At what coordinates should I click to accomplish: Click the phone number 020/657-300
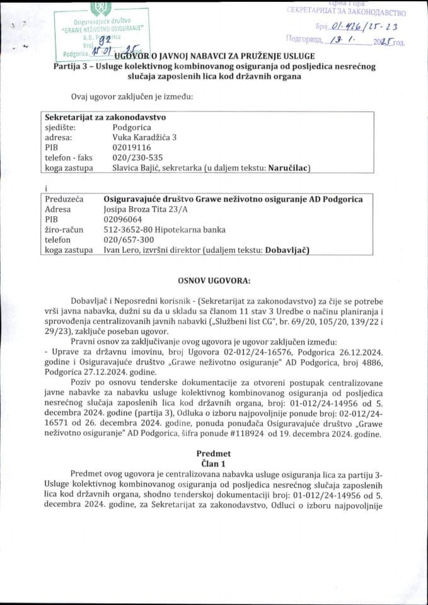coord(129,239)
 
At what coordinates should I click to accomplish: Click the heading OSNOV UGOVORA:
coord(214,280)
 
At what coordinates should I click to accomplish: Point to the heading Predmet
coord(214,453)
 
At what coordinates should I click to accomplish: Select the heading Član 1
coord(214,463)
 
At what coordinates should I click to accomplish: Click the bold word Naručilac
coord(289,168)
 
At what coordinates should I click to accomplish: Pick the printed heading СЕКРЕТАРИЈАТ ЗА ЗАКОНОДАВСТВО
coord(345,12)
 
